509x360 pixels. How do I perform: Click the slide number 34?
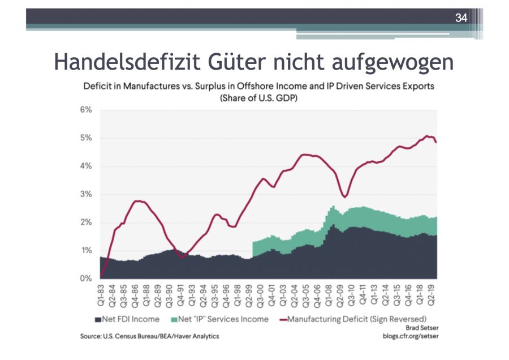coord(461,18)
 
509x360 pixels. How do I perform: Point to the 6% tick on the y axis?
coord(85,110)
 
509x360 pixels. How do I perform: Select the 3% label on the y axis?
coord(85,194)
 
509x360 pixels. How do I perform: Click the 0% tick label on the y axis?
coord(85,278)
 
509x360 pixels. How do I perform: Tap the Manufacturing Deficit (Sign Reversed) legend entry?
coord(351,319)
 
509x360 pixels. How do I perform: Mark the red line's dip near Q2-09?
coord(345,197)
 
